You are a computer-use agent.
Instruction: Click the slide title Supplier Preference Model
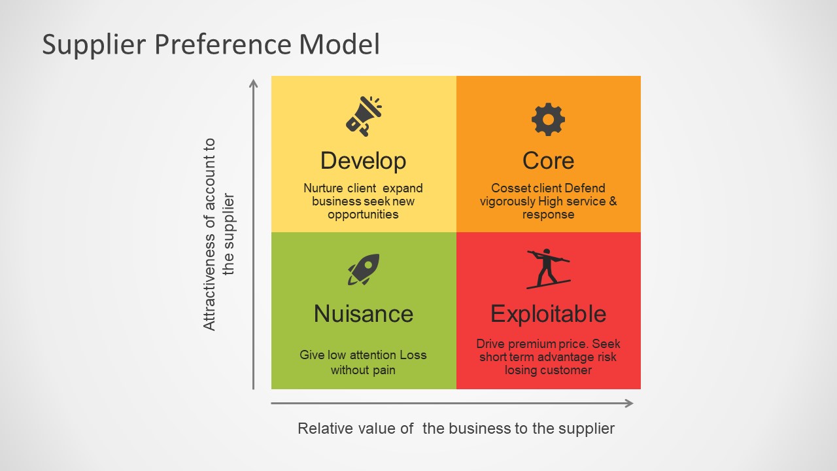click(211, 45)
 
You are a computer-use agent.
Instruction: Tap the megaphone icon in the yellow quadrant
click(363, 116)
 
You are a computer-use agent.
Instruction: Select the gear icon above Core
click(548, 119)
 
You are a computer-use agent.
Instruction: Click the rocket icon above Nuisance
click(363, 270)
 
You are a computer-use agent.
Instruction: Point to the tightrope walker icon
click(548, 268)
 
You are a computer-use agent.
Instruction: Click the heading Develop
click(363, 161)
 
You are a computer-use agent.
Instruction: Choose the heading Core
click(548, 161)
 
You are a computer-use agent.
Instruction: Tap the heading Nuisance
click(363, 314)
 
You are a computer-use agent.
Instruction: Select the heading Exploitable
click(548, 314)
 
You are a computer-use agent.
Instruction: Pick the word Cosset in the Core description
click(507, 188)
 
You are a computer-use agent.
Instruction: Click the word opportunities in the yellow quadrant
click(363, 215)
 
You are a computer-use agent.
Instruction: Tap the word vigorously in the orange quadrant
click(506, 201)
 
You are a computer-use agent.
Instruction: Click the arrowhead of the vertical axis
click(254, 83)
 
